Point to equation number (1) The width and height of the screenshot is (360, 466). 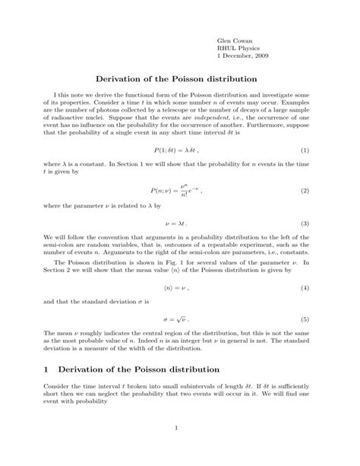(x=305, y=151)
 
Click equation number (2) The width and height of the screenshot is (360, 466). (x=305, y=189)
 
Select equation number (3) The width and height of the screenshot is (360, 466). (x=305, y=223)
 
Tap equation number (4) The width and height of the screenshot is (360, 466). (x=305, y=287)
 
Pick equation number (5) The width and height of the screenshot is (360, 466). (x=305, y=320)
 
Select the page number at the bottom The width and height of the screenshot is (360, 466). (x=175, y=449)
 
